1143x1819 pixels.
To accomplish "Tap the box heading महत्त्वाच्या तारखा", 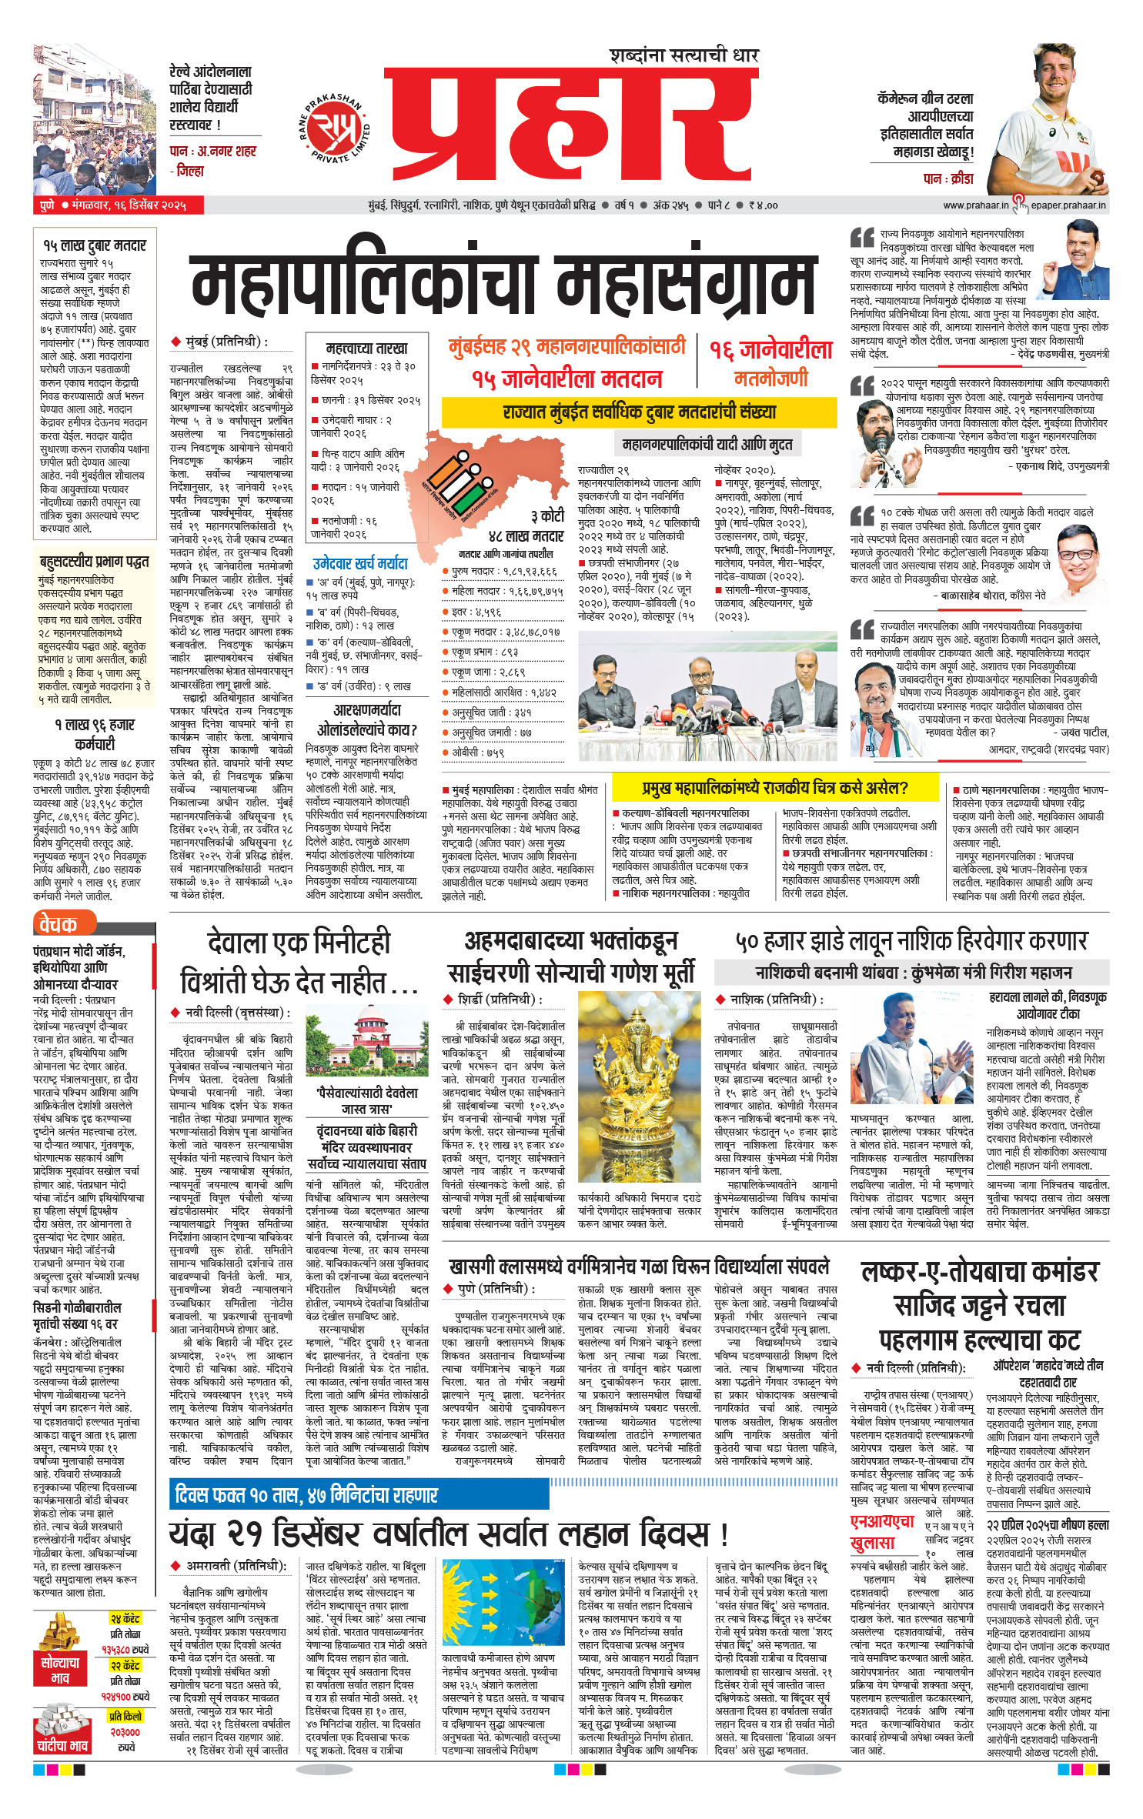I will point(366,348).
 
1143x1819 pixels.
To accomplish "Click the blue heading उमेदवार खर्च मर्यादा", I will point(360,563).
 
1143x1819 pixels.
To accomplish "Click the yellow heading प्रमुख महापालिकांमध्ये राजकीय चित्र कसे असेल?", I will point(774,788).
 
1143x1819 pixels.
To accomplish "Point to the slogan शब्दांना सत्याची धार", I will point(684,55).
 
